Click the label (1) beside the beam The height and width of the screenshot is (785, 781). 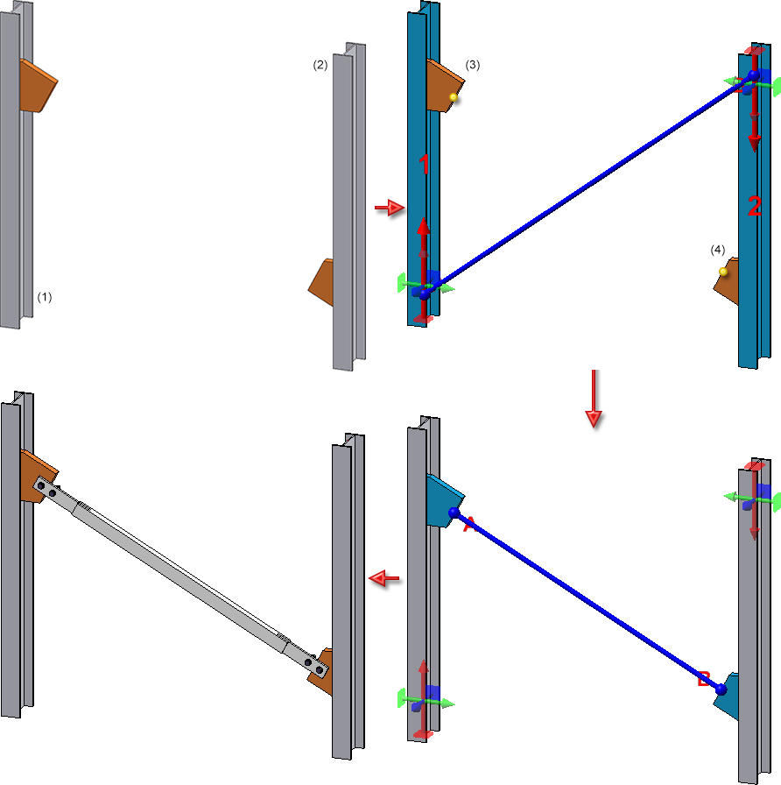click(45, 297)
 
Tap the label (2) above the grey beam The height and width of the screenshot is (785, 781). click(320, 65)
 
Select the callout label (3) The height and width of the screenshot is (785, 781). click(473, 65)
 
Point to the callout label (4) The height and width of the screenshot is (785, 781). click(718, 250)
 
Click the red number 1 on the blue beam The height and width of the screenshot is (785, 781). click(424, 164)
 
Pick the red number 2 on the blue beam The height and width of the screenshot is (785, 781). click(755, 207)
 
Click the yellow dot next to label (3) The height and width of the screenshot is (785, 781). click(454, 97)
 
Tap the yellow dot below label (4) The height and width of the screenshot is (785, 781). click(723, 272)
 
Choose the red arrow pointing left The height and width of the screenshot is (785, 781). click(383, 578)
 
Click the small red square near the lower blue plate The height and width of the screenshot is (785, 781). click(703, 678)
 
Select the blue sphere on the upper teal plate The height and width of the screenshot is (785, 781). click(454, 513)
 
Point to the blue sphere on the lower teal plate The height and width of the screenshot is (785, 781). click(721, 690)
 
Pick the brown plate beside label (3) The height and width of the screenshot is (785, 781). click(443, 85)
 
